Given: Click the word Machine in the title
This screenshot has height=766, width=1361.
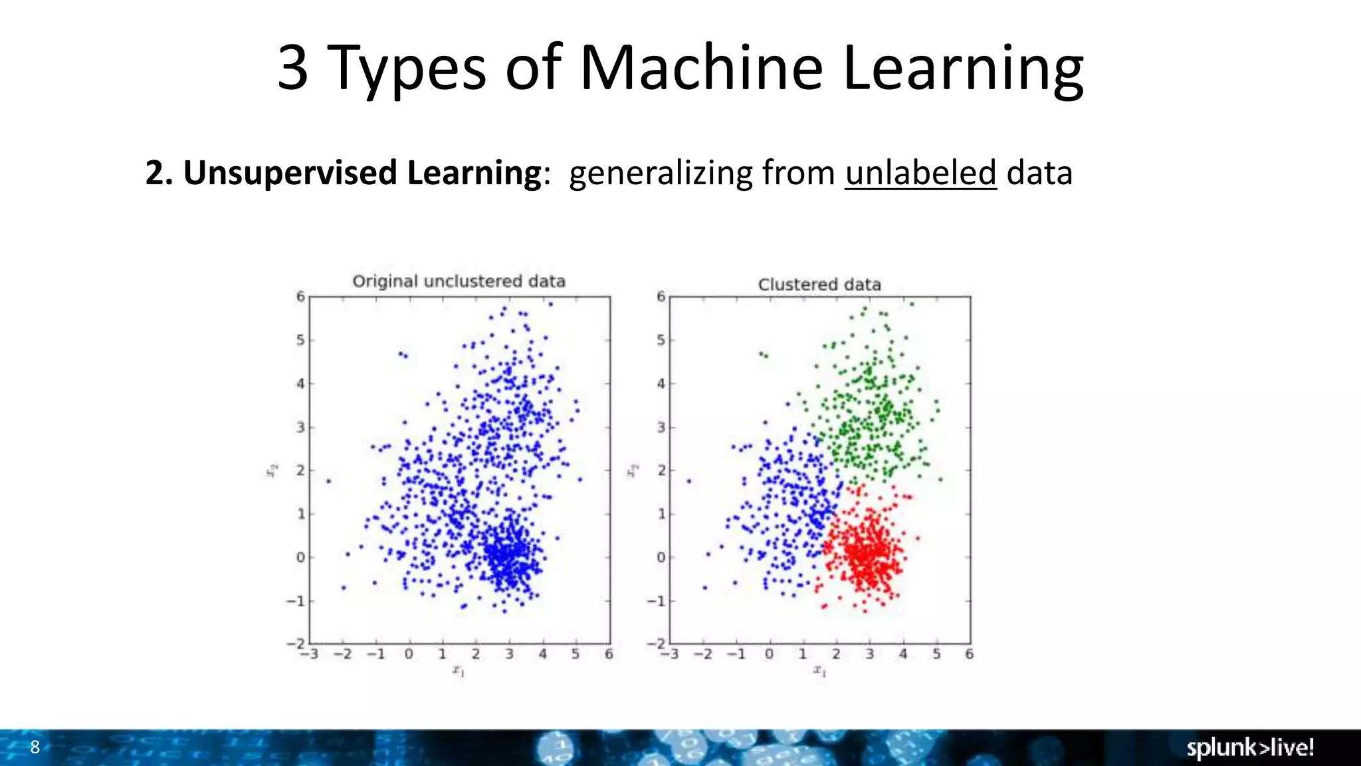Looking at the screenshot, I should pyautogui.click(x=701, y=68).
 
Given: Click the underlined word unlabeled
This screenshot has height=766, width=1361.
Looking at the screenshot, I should pyautogui.click(x=920, y=173).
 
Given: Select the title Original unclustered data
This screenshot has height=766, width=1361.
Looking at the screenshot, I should pyautogui.click(x=459, y=281).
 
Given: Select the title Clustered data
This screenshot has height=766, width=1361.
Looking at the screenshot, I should pyautogui.click(x=819, y=285).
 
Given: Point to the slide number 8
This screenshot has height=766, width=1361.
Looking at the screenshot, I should pyautogui.click(x=35, y=747).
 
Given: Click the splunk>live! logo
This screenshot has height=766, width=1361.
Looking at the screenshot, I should pyautogui.click(x=1249, y=747).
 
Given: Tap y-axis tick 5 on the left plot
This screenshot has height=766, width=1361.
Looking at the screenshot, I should pyautogui.click(x=300, y=340).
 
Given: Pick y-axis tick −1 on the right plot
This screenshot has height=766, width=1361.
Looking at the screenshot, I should pyautogui.click(x=656, y=601).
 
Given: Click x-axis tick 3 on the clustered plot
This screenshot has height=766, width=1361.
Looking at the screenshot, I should pyautogui.click(x=869, y=654).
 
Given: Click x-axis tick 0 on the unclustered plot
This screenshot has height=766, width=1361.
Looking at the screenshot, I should pyautogui.click(x=409, y=654).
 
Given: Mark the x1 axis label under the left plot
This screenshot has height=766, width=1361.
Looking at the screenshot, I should pyautogui.click(x=459, y=671).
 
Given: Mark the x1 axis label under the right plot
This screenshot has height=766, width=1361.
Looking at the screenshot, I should pyautogui.click(x=819, y=671).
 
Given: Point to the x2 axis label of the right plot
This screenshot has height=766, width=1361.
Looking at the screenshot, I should pyautogui.click(x=633, y=470).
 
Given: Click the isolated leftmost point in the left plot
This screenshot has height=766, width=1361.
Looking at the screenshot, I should pyautogui.click(x=328, y=481).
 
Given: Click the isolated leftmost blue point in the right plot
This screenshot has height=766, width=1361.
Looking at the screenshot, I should pyautogui.click(x=688, y=481).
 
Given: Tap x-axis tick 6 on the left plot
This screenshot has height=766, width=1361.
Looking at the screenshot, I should pyautogui.click(x=609, y=654).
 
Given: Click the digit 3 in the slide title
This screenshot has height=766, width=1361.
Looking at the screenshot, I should pyautogui.click(x=292, y=68).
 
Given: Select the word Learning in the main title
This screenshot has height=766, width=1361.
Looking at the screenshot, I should pyautogui.click(x=964, y=68).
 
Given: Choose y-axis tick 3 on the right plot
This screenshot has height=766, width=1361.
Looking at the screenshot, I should pyautogui.click(x=661, y=428).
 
